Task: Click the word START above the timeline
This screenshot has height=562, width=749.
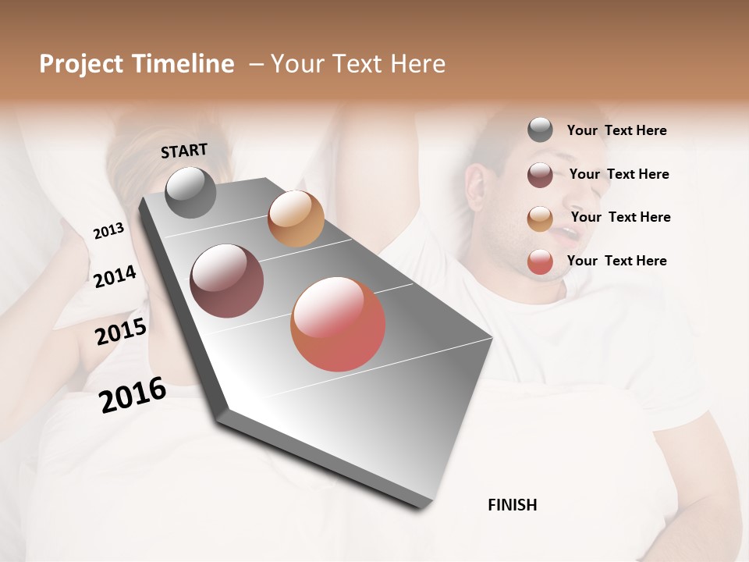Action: click(184, 151)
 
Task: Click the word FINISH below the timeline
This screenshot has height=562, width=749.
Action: click(512, 505)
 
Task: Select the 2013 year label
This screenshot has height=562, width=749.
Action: click(108, 231)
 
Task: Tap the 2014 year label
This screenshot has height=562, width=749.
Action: click(115, 277)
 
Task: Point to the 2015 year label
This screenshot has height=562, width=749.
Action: click(121, 332)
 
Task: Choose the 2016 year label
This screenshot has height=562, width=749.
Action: click(133, 394)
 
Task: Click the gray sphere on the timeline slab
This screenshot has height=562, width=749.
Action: click(190, 192)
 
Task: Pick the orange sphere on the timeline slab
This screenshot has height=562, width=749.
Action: click(296, 219)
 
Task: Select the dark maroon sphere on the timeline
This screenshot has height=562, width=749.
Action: click(227, 281)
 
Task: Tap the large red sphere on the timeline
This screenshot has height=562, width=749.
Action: click(338, 325)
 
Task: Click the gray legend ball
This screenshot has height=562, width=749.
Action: click(540, 130)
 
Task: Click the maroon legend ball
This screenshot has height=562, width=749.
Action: click(540, 175)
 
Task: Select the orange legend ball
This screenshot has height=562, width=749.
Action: click(540, 219)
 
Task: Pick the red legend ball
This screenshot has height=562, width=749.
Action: click(540, 262)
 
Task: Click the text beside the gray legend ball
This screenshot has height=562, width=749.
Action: click(616, 130)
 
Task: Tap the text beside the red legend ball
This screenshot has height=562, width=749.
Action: click(616, 261)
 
